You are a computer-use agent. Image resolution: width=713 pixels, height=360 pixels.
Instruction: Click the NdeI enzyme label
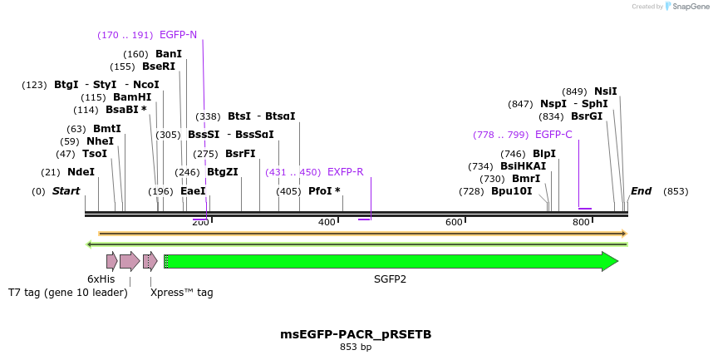[x=81, y=172]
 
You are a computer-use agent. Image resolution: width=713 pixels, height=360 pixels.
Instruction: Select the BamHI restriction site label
[x=132, y=97]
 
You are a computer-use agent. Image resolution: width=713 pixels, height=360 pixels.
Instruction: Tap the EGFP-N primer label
[x=178, y=35]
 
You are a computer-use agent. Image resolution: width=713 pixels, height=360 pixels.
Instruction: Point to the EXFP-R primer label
[x=345, y=172]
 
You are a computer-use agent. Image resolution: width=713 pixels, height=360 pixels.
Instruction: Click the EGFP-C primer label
[x=553, y=135]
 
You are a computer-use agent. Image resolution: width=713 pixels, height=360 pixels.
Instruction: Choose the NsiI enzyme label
[x=606, y=91]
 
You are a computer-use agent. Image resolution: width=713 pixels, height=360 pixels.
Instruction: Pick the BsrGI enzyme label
[x=587, y=116]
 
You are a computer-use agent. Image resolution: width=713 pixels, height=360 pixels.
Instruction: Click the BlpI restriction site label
[x=544, y=154]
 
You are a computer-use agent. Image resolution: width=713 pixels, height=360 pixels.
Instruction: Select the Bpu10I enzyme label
[x=511, y=191]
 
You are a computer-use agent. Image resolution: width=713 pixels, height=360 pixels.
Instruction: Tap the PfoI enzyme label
[x=324, y=191]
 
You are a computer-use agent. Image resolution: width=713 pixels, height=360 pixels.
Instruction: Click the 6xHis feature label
[x=101, y=279]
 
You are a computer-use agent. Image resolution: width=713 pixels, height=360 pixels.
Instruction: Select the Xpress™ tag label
[x=181, y=293]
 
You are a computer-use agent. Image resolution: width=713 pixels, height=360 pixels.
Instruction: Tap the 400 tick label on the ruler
[x=327, y=222]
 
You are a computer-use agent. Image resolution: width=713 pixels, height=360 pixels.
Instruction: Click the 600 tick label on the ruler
[x=454, y=222]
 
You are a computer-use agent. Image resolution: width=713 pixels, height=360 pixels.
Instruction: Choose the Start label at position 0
[x=66, y=191]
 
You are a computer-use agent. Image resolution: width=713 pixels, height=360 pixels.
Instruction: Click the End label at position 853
[x=642, y=191]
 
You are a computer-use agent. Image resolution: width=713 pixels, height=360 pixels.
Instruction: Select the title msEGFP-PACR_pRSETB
[x=356, y=334]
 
